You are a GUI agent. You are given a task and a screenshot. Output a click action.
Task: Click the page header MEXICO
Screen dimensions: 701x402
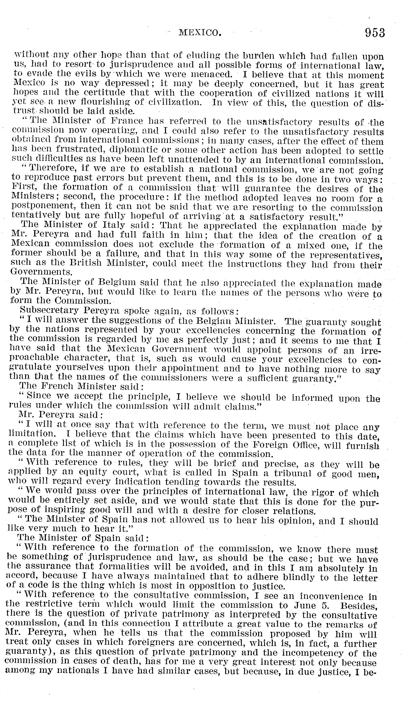click(x=200, y=33)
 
